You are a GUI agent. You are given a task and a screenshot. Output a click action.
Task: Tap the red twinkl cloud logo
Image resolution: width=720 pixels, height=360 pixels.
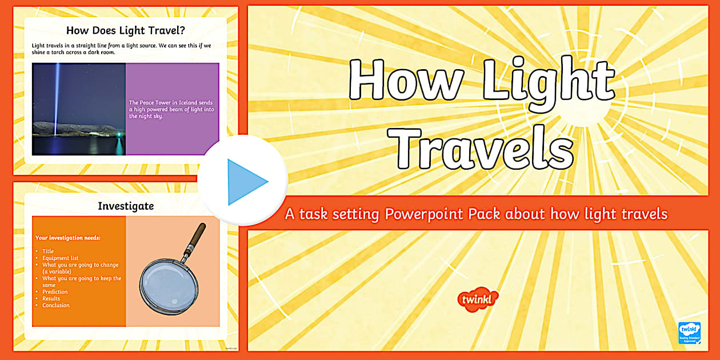click(x=478, y=299)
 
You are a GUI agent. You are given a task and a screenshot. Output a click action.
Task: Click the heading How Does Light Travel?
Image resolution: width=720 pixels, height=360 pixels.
click(x=125, y=31)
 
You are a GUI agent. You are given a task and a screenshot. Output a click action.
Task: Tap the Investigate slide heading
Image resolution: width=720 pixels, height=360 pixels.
click(x=126, y=206)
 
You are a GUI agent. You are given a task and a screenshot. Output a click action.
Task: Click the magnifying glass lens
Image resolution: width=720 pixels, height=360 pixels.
click(x=169, y=283)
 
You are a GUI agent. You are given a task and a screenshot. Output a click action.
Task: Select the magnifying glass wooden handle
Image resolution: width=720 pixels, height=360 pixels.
click(x=195, y=236)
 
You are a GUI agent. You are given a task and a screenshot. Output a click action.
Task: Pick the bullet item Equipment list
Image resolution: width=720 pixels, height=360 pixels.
click(x=60, y=258)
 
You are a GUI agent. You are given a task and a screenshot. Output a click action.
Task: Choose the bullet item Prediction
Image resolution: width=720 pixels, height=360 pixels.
click(x=55, y=291)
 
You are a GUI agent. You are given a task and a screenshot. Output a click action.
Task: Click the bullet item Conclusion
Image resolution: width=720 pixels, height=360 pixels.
click(x=56, y=305)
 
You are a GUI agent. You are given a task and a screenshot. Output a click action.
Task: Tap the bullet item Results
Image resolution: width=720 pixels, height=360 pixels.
click(x=51, y=298)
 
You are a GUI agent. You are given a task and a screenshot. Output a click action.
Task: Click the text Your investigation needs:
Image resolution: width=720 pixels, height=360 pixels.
click(x=67, y=238)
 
